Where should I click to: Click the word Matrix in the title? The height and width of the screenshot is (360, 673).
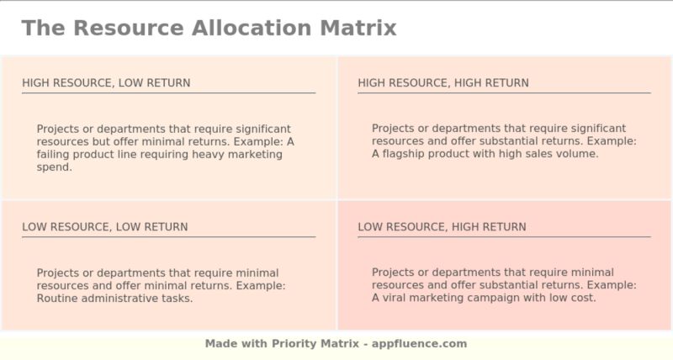(358, 28)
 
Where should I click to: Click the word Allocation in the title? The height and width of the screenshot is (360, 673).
(252, 28)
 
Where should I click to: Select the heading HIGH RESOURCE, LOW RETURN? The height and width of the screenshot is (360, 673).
(106, 82)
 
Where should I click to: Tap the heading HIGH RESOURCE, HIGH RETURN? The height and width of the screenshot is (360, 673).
(443, 82)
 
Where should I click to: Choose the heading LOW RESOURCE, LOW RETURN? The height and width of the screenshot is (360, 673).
(105, 227)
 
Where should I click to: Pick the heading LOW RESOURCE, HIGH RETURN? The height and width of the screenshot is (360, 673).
(442, 227)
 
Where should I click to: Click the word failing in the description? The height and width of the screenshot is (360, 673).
(55, 154)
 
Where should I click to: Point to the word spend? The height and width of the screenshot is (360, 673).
(55, 167)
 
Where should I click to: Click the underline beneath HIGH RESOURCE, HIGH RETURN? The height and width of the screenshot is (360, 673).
(504, 93)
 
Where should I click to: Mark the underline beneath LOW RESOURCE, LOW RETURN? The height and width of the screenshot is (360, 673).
(168, 236)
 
